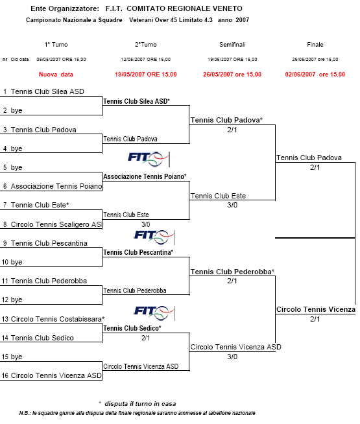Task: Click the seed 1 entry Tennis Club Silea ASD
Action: tap(47, 91)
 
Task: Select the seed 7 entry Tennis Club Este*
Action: tap(40, 205)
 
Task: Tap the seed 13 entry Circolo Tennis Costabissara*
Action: tap(58, 319)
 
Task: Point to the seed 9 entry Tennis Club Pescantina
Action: tap(49, 243)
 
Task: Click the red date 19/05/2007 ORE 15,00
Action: tap(146, 75)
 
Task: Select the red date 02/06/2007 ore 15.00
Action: tap(315, 75)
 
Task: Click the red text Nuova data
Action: tap(56, 75)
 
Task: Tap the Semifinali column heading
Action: tap(232, 45)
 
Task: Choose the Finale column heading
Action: tap(315, 45)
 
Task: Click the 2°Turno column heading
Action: tap(146, 45)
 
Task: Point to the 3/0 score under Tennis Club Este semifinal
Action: tap(232, 205)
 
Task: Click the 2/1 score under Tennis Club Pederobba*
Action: tap(232, 281)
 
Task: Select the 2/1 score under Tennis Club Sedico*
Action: tap(146, 338)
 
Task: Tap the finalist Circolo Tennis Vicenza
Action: tap(316, 309)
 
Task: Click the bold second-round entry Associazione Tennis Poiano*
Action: tap(145, 176)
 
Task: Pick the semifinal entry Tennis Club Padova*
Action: tap(226, 120)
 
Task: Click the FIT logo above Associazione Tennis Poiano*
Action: tap(149, 159)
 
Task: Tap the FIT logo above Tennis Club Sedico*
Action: tap(154, 313)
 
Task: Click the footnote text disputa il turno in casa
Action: tap(140, 404)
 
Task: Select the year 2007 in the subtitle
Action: tap(243, 20)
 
